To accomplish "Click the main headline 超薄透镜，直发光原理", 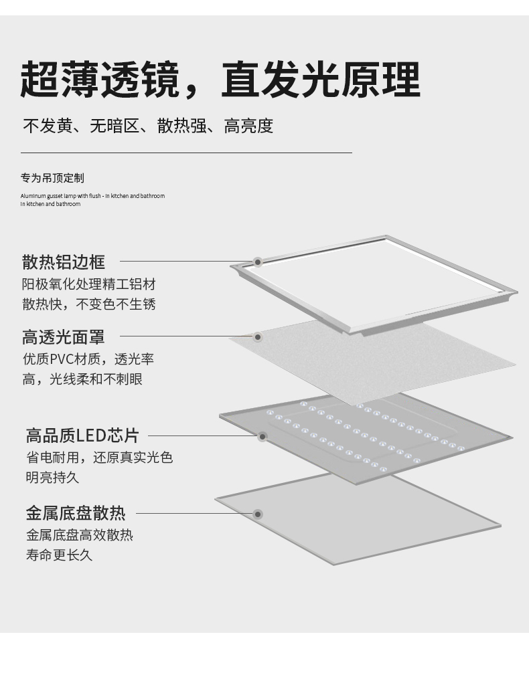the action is tap(220, 80).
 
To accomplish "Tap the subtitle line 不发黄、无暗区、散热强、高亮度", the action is tap(148, 126).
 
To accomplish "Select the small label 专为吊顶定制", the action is tap(52, 178).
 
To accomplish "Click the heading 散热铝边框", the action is tap(64, 262).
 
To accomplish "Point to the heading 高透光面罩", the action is tap(64, 336).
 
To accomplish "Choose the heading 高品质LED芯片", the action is tap(82, 436).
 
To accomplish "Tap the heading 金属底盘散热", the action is tap(76, 513).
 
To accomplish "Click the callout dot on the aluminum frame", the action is tap(258, 262).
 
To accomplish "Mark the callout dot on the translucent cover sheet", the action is tap(258, 336).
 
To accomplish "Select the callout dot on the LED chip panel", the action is tap(262, 436).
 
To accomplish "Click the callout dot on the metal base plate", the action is tap(258, 514).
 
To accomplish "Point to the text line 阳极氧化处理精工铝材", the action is tap(88, 284).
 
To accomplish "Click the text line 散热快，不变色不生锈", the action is tap(88, 304).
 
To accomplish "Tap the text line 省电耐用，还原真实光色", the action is tap(99, 458).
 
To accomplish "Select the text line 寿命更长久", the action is tap(59, 555).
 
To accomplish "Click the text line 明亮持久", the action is tap(52, 478).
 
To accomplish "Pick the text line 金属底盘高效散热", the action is tap(79, 535).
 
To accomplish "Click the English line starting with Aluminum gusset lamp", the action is tap(92, 196).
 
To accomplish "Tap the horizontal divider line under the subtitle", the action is tap(186, 153).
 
